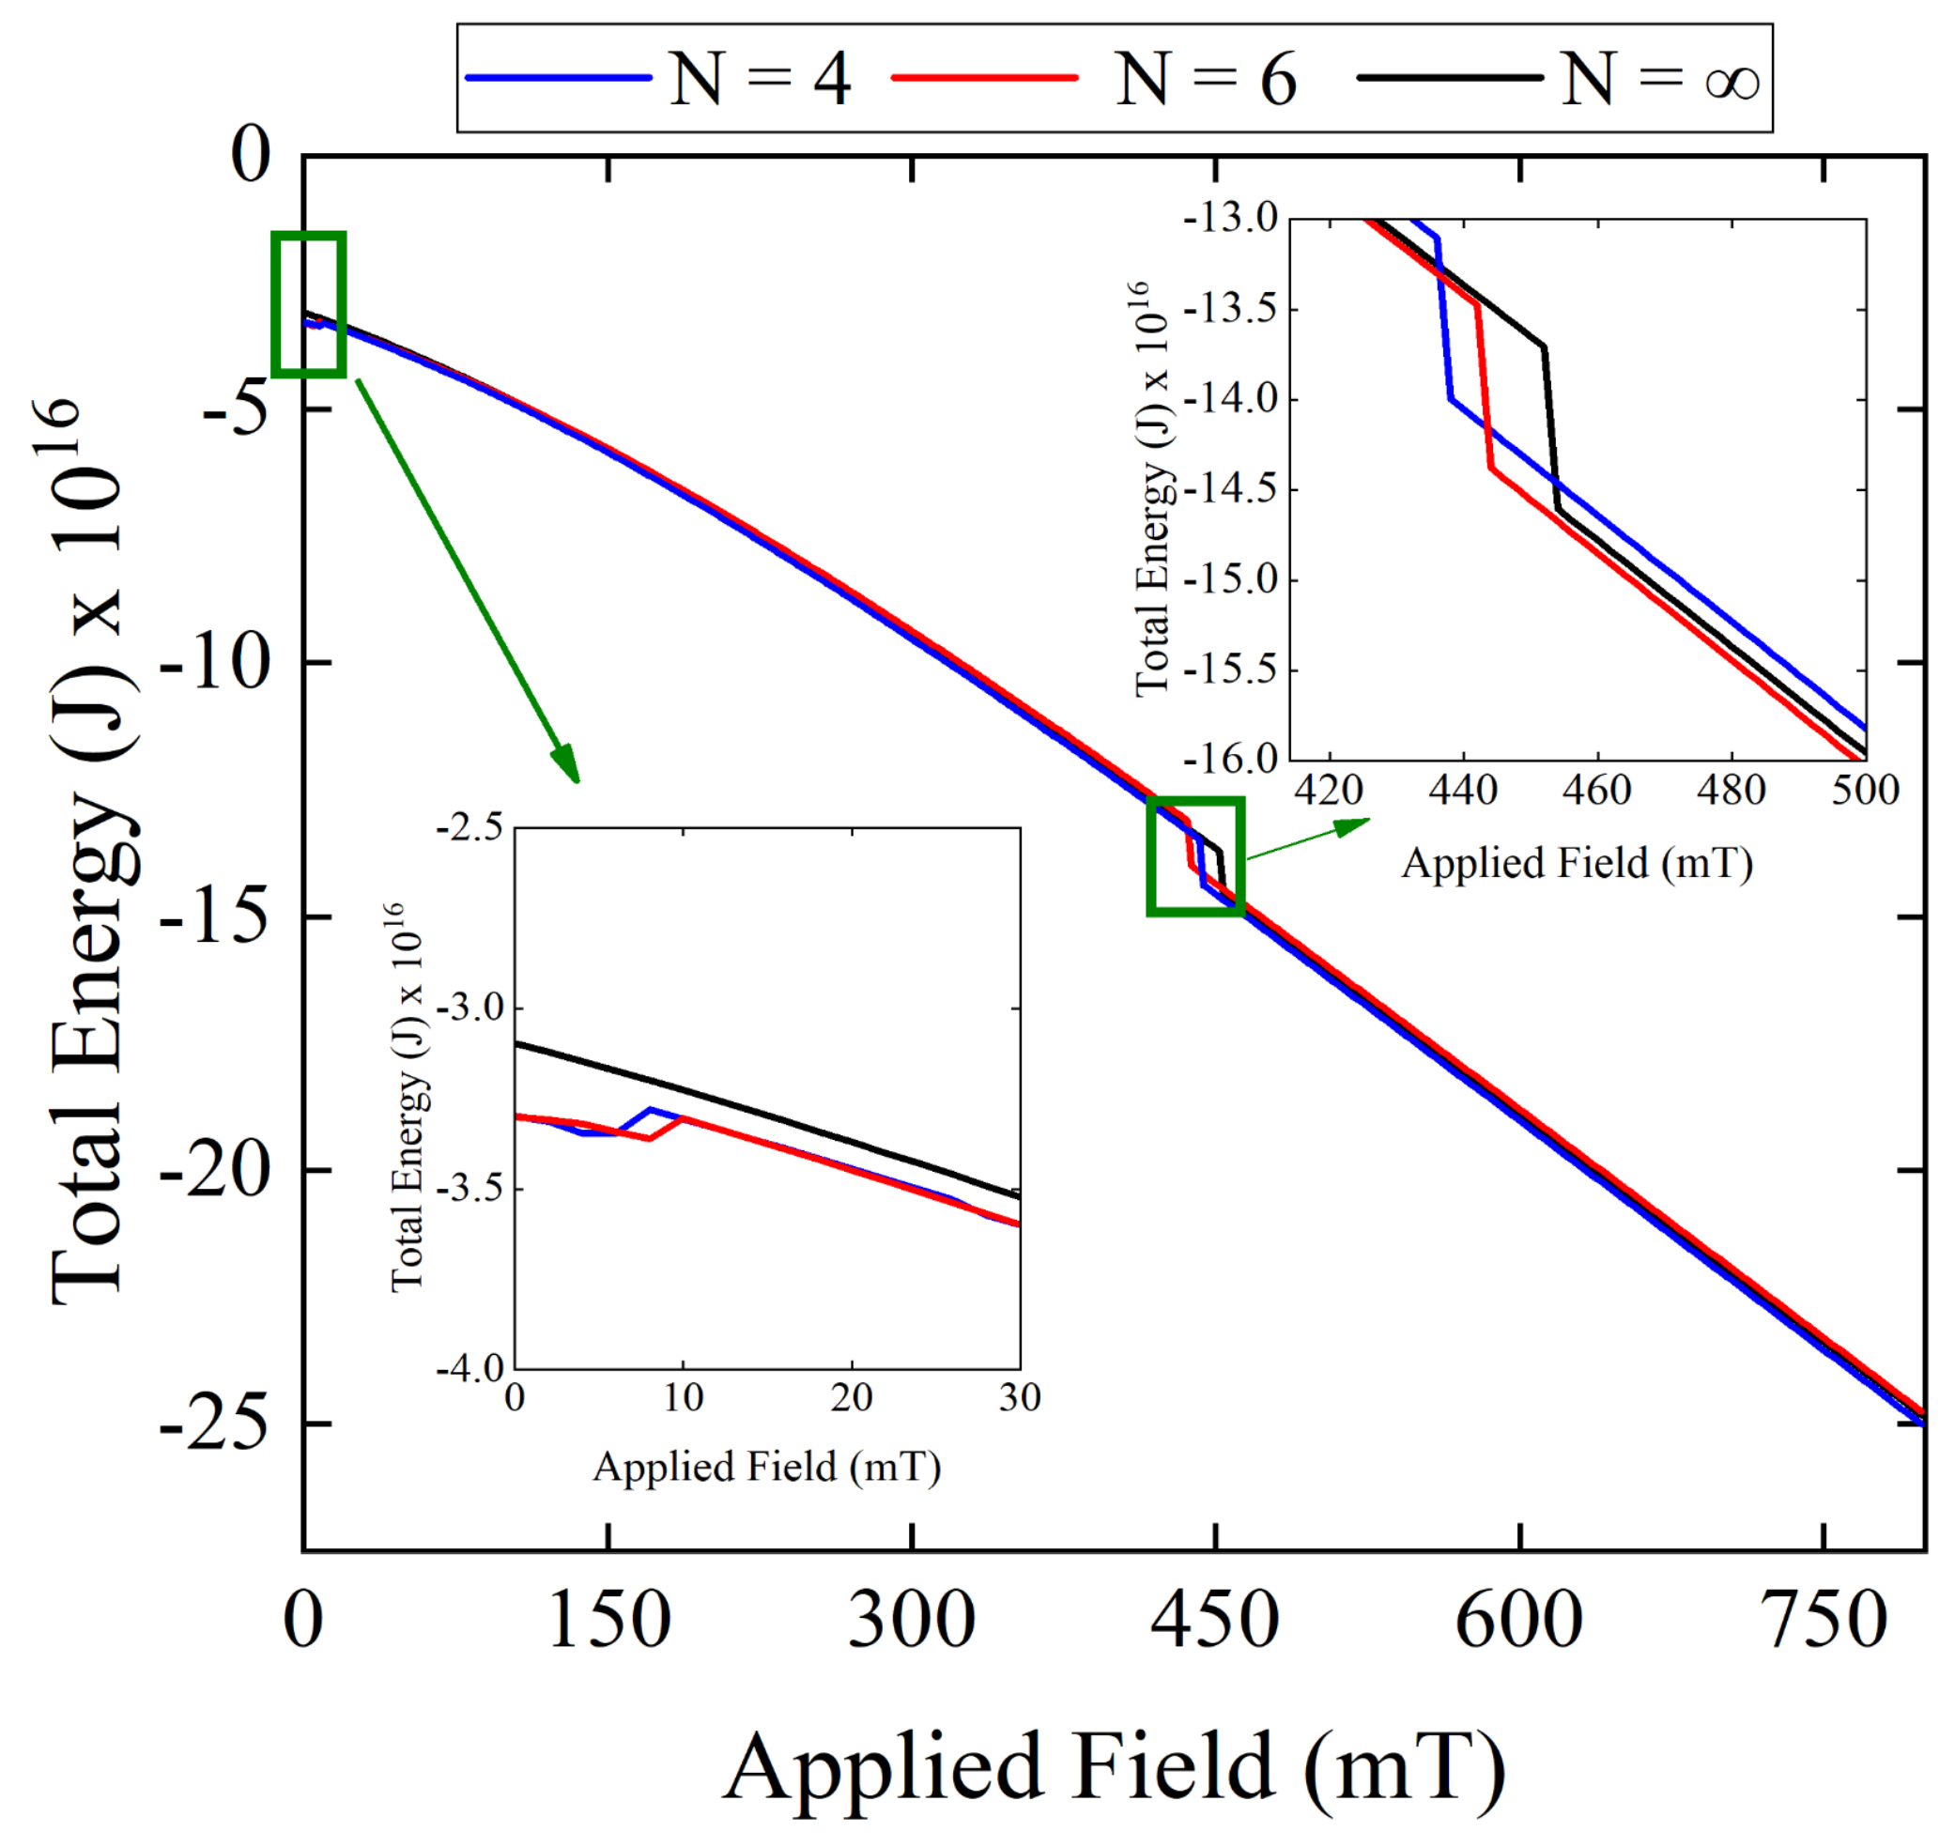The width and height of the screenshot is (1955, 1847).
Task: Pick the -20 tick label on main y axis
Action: point(215,1171)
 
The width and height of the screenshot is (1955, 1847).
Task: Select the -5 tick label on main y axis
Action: point(236,408)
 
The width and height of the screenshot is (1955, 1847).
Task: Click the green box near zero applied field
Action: point(309,304)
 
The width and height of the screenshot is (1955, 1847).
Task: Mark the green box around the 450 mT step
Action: point(1195,855)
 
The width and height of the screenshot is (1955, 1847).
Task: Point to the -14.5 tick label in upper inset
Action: point(1230,489)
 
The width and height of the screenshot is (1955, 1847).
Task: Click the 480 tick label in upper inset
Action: point(1731,790)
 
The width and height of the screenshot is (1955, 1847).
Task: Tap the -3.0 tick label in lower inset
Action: point(469,1008)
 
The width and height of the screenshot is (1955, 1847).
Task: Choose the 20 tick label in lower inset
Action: point(851,1396)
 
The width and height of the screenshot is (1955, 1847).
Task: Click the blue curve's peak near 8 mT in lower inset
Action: point(651,1110)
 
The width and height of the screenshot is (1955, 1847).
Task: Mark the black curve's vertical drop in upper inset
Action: point(1551,428)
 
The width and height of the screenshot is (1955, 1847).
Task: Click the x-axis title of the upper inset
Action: point(1576,864)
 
